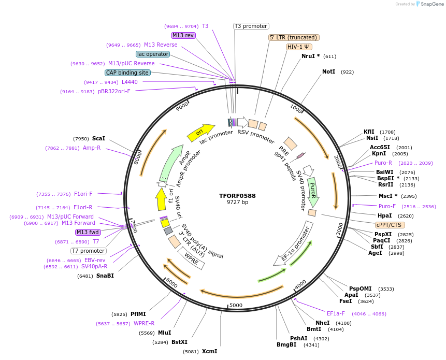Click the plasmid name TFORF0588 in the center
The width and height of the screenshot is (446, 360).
click(x=237, y=196)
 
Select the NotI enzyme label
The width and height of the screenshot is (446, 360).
click(x=328, y=71)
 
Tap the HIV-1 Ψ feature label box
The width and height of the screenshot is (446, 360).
click(x=299, y=47)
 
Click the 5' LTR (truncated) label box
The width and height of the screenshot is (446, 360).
click(x=294, y=37)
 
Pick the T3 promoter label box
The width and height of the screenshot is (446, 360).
click(x=251, y=26)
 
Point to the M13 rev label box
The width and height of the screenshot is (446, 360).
click(x=183, y=35)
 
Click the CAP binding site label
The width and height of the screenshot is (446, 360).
click(x=127, y=73)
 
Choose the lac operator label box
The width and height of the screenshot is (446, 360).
click(x=153, y=54)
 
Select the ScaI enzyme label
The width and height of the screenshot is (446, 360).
click(x=98, y=138)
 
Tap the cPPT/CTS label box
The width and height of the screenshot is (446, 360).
click(x=390, y=225)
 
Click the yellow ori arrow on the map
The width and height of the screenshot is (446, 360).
click(x=201, y=132)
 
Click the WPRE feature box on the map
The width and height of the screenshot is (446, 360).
click(x=192, y=258)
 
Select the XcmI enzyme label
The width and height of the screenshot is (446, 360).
click(x=209, y=351)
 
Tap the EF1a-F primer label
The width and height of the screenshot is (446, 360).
click(x=336, y=313)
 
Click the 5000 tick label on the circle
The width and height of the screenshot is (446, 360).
click(x=236, y=305)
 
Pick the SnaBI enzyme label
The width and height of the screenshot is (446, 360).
click(x=105, y=276)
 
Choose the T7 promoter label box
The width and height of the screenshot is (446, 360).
click(x=88, y=251)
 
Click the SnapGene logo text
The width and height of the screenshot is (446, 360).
click(x=431, y=4)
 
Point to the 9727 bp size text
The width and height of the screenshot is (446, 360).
click(x=237, y=203)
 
